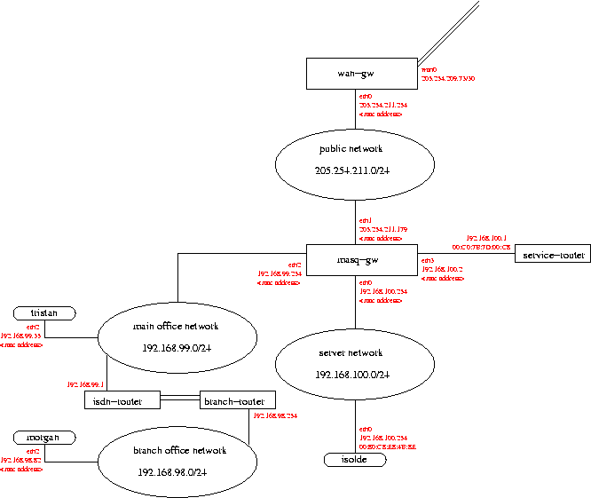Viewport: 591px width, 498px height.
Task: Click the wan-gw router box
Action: tap(361, 74)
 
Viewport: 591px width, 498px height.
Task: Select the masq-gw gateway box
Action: tap(361, 260)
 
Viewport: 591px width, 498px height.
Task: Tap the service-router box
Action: tap(552, 254)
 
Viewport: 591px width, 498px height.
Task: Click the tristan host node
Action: tap(44, 313)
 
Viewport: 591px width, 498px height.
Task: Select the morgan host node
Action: tap(44, 438)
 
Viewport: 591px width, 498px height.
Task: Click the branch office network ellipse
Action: tap(178, 462)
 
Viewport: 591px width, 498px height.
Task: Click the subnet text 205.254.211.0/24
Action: tap(356, 170)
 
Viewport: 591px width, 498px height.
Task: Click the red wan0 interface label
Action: tap(429, 68)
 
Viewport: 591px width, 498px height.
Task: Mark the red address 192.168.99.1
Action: tap(86, 384)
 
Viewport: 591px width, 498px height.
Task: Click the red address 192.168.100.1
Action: tap(486, 238)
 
